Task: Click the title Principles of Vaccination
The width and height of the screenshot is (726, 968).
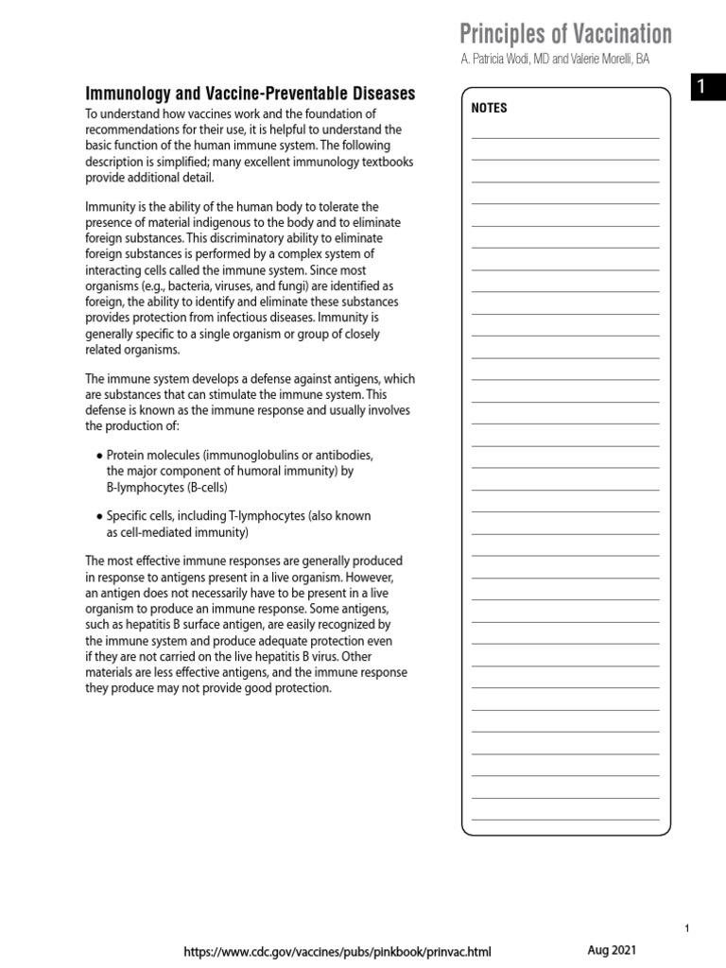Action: [565, 35]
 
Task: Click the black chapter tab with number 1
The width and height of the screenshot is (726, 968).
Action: [700, 88]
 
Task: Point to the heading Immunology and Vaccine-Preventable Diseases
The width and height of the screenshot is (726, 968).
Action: [250, 94]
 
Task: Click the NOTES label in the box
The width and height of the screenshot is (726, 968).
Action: [489, 108]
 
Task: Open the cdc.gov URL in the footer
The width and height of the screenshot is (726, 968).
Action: [337, 952]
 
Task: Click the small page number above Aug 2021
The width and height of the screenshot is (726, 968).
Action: [687, 929]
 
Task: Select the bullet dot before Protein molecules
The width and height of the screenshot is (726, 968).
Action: [99, 455]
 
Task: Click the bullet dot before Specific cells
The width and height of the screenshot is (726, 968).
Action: [99, 516]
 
